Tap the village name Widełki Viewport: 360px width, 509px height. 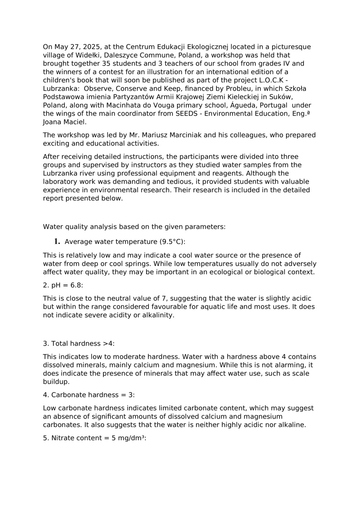pyautogui.click(x=87, y=55)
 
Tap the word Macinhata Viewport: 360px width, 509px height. pyautogui.click(x=122, y=105)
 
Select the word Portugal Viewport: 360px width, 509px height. pyautogui.click(x=274, y=105)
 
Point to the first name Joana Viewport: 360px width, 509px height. pyautogui.click(x=52, y=122)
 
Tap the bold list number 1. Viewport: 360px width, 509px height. pyautogui.click(x=57, y=241)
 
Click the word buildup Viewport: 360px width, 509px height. pyautogui.click(x=56, y=382)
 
